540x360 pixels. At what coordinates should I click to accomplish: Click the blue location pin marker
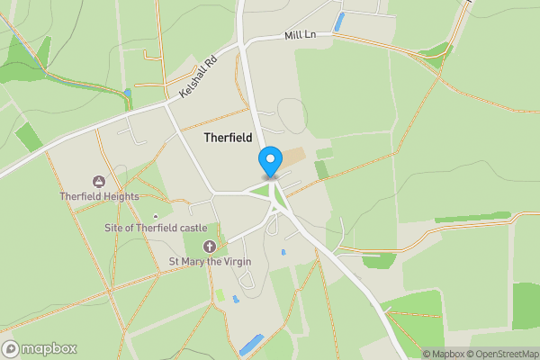(269, 162)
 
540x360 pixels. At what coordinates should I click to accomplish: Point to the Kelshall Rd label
(199, 79)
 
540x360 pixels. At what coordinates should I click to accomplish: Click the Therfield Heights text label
(99, 196)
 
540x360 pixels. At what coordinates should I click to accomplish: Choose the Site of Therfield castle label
(156, 229)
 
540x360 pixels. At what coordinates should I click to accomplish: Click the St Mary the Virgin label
(210, 261)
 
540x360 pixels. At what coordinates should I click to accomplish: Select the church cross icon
(210, 247)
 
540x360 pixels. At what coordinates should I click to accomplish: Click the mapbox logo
(40, 348)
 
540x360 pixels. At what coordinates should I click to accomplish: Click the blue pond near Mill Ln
(339, 22)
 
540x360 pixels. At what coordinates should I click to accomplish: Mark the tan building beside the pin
(293, 157)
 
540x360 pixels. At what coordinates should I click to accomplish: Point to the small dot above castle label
(156, 216)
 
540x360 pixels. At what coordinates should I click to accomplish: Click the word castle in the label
(192, 229)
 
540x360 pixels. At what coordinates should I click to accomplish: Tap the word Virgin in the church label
(235, 261)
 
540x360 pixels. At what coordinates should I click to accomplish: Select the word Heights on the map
(121, 196)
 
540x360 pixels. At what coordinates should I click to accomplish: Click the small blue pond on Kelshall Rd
(128, 93)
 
